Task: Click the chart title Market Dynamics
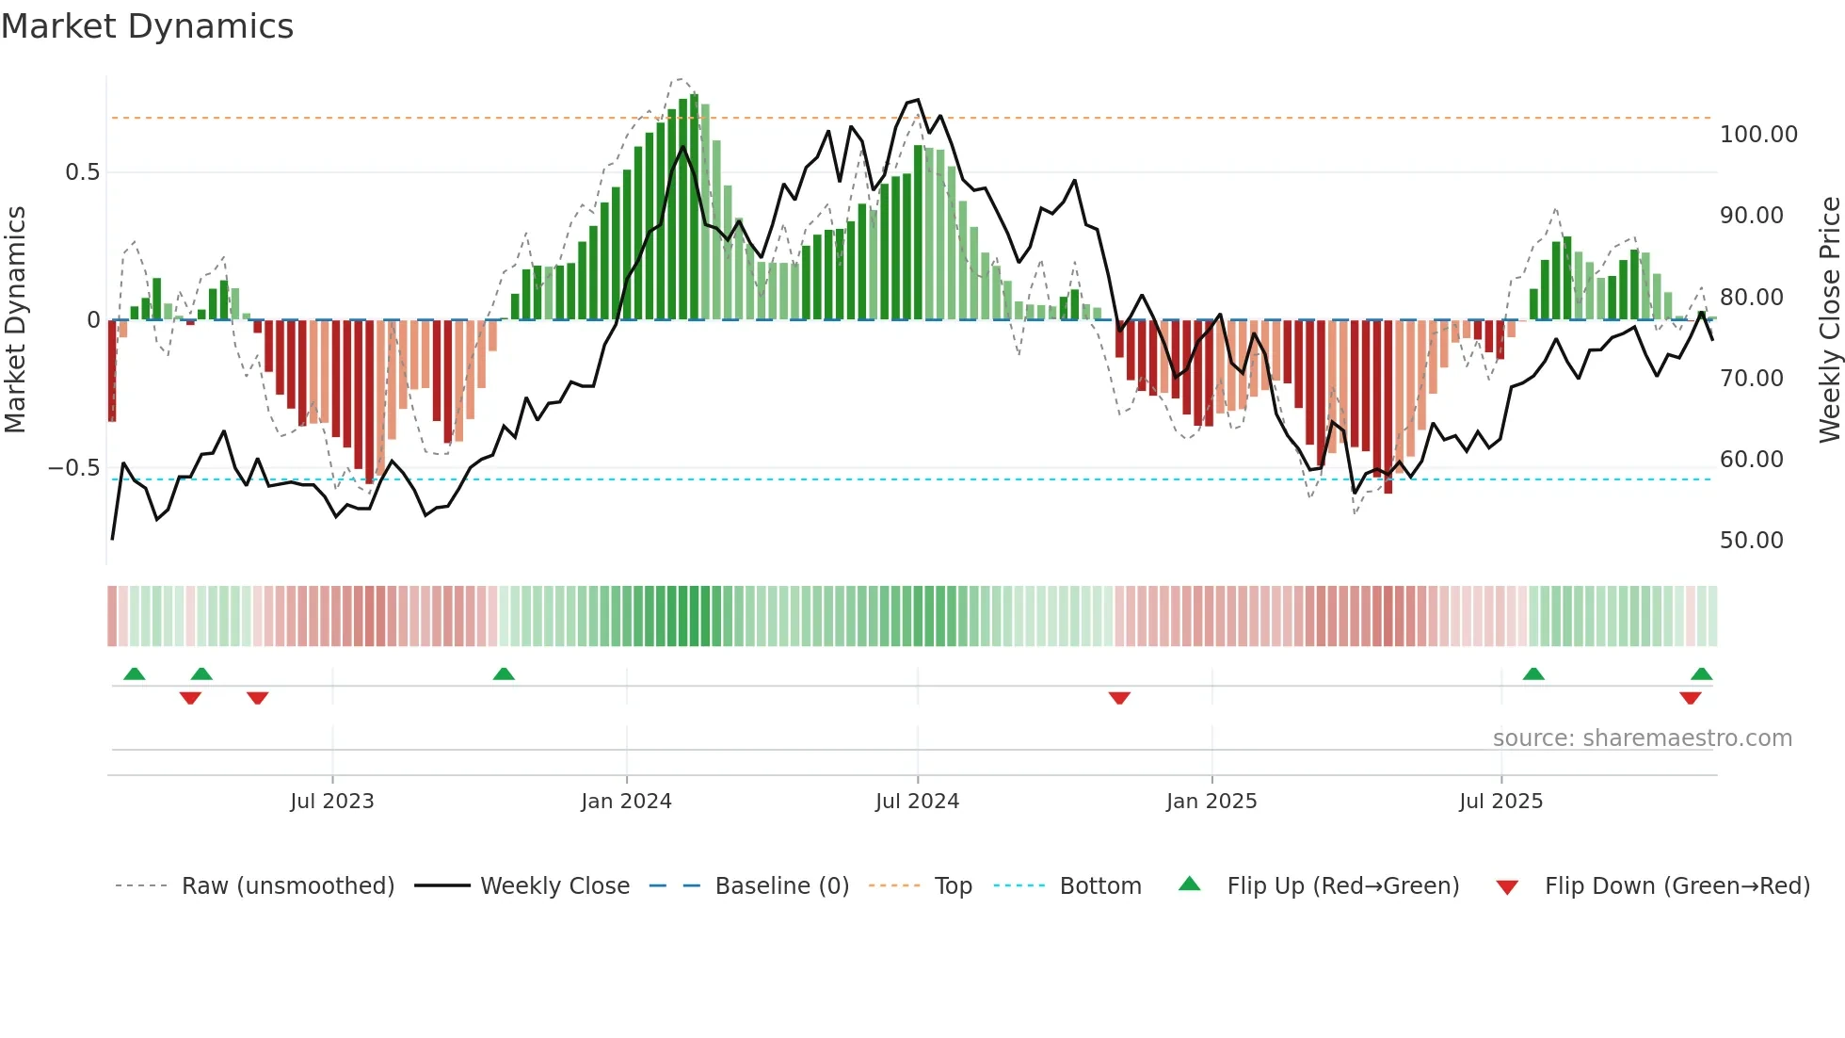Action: pyautogui.click(x=147, y=26)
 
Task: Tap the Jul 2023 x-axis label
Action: pyautogui.click(x=331, y=802)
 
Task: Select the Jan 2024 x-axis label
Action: pyautogui.click(x=626, y=802)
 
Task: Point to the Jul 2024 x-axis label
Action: pyautogui.click(x=917, y=802)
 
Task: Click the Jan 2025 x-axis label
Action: pyautogui.click(x=1211, y=802)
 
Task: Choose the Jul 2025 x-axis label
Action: pyautogui.click(x=1500, y=802)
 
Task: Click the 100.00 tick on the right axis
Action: pyautogui.click(x=1758, y=135)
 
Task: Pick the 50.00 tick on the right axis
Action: pyautogui.click(x=1751, y=541)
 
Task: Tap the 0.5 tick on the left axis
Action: pyautogui.click(x=82, y=172)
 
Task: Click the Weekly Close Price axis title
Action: pyautogui.click(x=1829, y=320)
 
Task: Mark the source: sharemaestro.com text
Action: pyautogui.click(x=1642, y=738)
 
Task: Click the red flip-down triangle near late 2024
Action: pyautogui.click(x=1119, y=698)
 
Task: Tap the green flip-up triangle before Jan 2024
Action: pyautogui.click(x=504, y=673)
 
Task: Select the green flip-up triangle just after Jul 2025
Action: pyautogui.click(x=1533, y=673)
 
